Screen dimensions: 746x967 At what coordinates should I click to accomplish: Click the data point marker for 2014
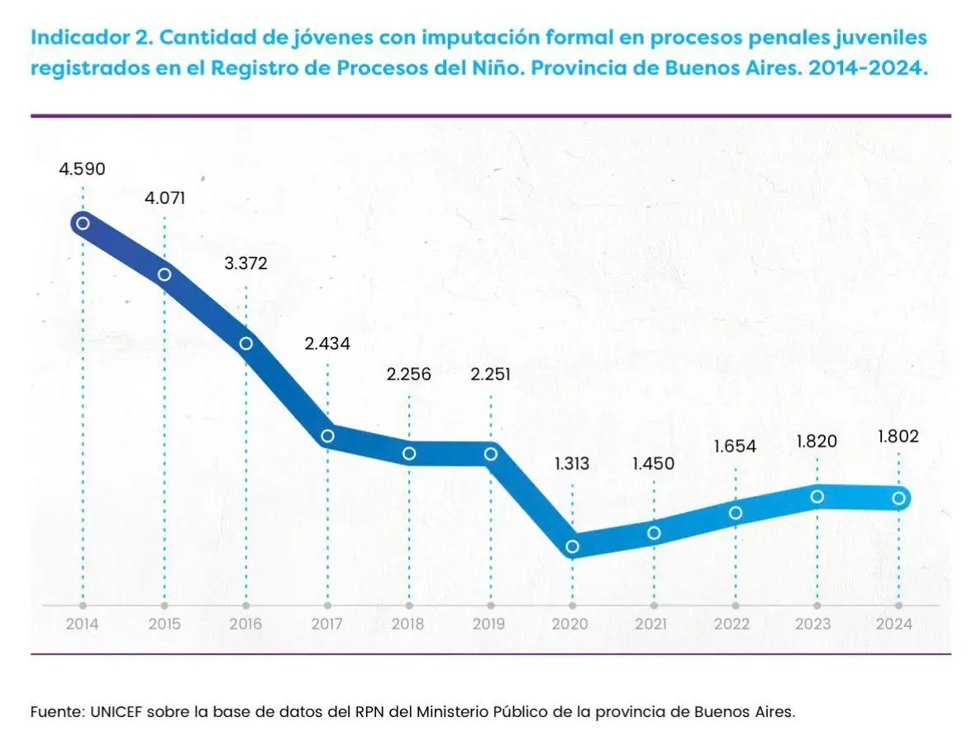(83, 223)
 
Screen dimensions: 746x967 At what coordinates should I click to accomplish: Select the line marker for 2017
(327, 436)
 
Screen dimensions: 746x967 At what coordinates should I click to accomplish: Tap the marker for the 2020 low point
(572, 546)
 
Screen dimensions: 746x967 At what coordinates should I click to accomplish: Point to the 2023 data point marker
(817, 497)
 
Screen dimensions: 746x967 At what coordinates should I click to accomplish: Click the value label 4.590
(82, 169)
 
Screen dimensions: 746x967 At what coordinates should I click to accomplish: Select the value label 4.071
(164, 199)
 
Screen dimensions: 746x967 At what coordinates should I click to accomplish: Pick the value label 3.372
(245, 264)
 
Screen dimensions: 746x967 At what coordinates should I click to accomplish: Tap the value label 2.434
(327, 344)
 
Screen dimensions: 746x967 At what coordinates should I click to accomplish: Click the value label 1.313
(572, 463)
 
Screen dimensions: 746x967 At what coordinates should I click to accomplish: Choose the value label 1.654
(735, 447)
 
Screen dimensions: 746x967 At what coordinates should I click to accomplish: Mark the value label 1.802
(898, 437)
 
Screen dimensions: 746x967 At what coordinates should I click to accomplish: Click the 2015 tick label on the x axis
(164, 625)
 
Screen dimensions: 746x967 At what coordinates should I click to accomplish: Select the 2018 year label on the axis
(409, 625)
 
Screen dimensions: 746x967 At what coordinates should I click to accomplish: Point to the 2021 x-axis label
(654, 625)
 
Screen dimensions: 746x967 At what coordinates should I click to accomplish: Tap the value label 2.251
(490, 374)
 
